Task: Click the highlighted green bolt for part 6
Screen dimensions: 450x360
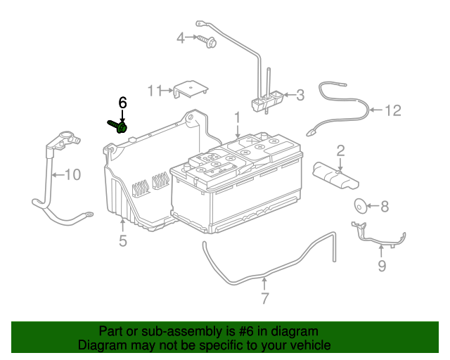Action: (x=118, y=127)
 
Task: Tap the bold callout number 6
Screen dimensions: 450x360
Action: (x=122, y=103)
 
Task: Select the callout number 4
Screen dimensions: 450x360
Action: (x=181, y=38)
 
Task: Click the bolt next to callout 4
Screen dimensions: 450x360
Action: (x=207, y=41)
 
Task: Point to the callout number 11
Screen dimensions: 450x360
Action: (x=155, y=91)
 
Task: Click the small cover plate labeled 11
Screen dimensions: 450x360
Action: (x=191, y=89)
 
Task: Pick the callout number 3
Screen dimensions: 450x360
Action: (x=300, y=95)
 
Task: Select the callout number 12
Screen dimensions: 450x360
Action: (x=392, y=110)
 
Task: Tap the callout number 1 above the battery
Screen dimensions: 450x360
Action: (x=238, y=117)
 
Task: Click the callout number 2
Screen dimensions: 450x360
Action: (x=340, y=150)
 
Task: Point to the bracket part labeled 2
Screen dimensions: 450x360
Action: (x=335, y=175)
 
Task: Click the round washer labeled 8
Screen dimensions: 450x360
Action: (x=361, y=206)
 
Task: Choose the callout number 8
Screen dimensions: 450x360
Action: (x=385, y=207)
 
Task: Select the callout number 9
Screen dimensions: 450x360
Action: (x=382, y=266)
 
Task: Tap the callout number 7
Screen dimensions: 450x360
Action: (x=264, y=298)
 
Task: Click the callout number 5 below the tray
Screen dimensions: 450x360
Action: (x=123, y=240)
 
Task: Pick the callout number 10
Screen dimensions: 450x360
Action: (x=73, y=175)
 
